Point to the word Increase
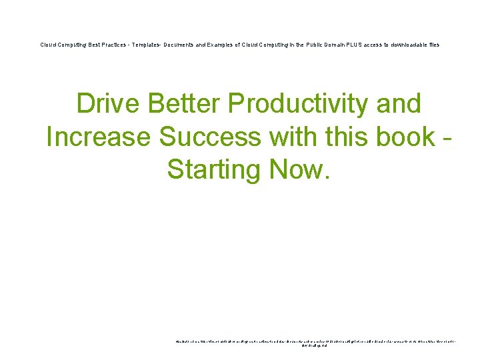pyautogui.click(x=99, y=137)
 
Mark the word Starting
pyautogui.click(x=215, y=169)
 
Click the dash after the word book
pyautogui.click(x=447, y=138)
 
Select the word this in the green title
pyautogui.click(x=343, y=137)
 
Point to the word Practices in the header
pyautogui.click(x=117, y=45)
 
